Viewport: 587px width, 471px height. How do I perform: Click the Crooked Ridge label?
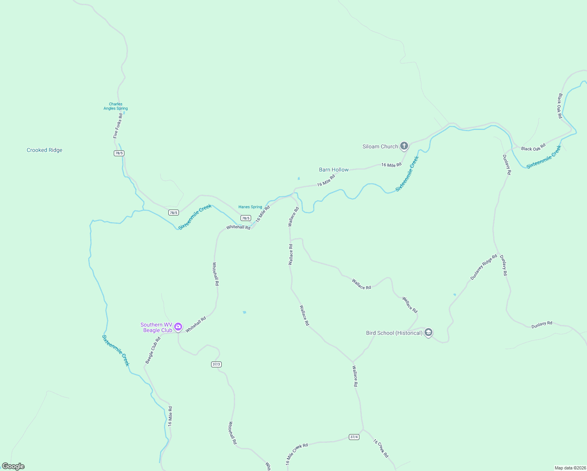[x=44, y=150]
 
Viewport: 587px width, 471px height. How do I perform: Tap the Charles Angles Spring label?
[x=115, y=106]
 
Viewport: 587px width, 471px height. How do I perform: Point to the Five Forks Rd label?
[x=118, y=126]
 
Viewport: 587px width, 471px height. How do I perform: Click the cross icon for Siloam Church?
[x=404, y=146]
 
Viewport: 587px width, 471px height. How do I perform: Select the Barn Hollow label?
[x=334, y=170]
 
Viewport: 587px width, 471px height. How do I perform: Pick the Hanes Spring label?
[x=250, y=207]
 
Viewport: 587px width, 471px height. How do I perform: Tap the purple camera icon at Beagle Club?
[x=178, y=327]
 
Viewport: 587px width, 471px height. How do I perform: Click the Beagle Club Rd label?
[x=153, y=350]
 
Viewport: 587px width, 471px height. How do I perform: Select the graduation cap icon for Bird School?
[x=428, y=332]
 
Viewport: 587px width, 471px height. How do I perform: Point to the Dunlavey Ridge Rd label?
[x=484, y=267]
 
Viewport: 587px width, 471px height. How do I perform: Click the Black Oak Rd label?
[x=560, y=106]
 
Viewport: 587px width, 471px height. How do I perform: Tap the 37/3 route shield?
[x=216, y=364]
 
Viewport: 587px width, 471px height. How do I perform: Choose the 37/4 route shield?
[x=354, y=437]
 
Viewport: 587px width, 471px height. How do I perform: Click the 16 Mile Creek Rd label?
[x=297, y=454]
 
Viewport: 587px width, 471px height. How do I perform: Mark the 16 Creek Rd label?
[x=381, y=448]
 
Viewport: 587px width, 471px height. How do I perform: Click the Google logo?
[x=13, y=466]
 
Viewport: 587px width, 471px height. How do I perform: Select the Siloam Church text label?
[x=380, y=146]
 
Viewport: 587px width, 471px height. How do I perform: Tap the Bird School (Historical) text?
[x=394, y=333]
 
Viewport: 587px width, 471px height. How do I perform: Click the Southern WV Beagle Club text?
[x=156, y=327]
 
